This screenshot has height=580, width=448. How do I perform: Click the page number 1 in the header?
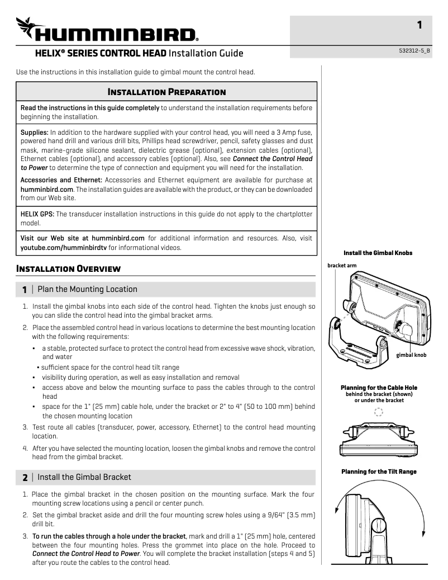(420, 25)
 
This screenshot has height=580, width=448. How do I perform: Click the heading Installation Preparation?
(166, 92)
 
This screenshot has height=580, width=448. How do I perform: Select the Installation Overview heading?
(69, 268)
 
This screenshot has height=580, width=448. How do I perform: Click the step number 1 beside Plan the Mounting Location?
(24, 290)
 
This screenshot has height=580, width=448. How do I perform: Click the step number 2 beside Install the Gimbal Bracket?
(24, 478)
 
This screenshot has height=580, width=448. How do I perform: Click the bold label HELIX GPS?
(36, 214)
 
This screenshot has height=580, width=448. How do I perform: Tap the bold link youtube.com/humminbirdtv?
(63, 247)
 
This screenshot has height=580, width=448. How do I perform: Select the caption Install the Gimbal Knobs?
(378, 253)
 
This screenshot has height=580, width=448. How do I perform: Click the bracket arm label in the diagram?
(342, 265)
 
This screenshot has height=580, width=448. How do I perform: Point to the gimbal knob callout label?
(411, 355)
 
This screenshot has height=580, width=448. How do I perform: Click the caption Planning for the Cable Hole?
(379, 388)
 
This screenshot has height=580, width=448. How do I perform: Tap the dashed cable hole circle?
(379, 412)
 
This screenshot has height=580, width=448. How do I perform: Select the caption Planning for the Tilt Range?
(379, 471)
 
